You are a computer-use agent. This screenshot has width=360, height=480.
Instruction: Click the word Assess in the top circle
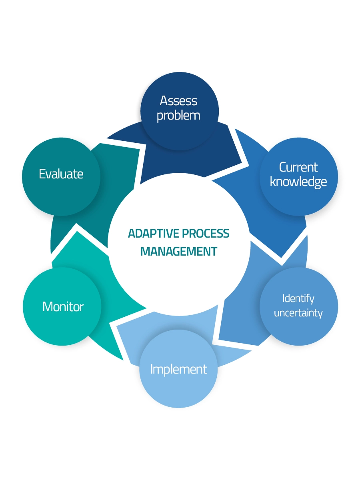(178, 101)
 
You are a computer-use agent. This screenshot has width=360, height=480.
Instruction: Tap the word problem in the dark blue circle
(178, 116)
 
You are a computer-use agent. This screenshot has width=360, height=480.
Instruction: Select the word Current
(298, 167)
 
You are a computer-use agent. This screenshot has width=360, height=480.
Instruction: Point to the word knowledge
(298, 182)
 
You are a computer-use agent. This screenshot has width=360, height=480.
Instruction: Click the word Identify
(298, 299)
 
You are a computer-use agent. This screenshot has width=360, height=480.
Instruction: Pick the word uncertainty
(298, 313)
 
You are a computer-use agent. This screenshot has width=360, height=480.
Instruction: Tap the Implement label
(178, 370)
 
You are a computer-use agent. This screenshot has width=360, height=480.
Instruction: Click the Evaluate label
(61, 174)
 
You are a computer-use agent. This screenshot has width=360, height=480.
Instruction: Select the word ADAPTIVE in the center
(154, 233)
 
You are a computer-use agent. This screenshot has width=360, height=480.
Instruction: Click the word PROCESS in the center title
(206, 233)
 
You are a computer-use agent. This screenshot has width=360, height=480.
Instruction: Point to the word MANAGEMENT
(178, 251)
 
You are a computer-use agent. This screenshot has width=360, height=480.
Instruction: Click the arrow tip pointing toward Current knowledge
(242, 163)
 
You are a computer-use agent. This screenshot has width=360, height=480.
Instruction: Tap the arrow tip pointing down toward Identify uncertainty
(281, 258)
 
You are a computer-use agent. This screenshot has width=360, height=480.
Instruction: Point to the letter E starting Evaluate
(42, 174)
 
